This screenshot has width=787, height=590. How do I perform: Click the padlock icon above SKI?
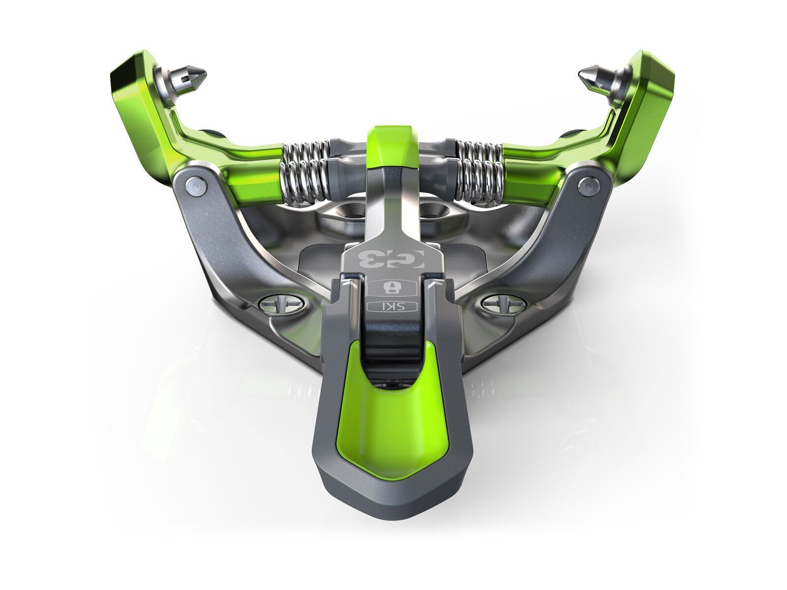pyautogui.click(x=392, y=288)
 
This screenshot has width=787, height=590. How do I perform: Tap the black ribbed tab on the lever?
pyautogui.click(x=392, y=334)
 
